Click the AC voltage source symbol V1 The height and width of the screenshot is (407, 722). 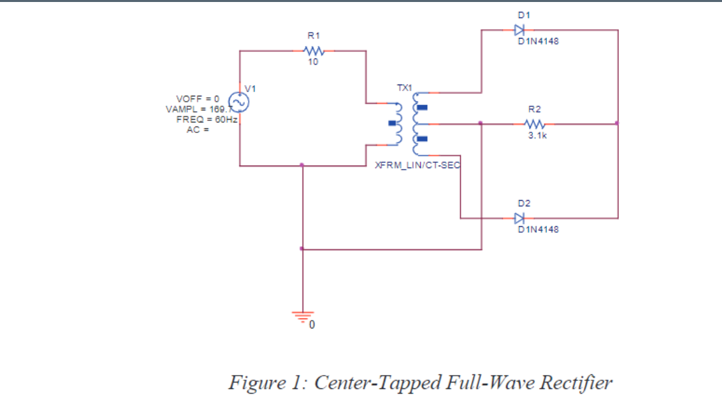240,102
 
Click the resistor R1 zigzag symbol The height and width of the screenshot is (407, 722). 313,51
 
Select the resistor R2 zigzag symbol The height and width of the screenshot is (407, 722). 535,124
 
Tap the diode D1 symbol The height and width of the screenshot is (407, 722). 519,30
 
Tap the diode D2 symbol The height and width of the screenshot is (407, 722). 519,217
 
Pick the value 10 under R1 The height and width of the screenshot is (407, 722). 313,62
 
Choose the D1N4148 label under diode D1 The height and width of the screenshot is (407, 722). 538,41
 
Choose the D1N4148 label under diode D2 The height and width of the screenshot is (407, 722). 538,229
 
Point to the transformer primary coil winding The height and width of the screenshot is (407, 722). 399,124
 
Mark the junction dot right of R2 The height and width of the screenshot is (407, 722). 618,123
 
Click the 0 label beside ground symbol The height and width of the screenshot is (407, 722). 312,326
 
